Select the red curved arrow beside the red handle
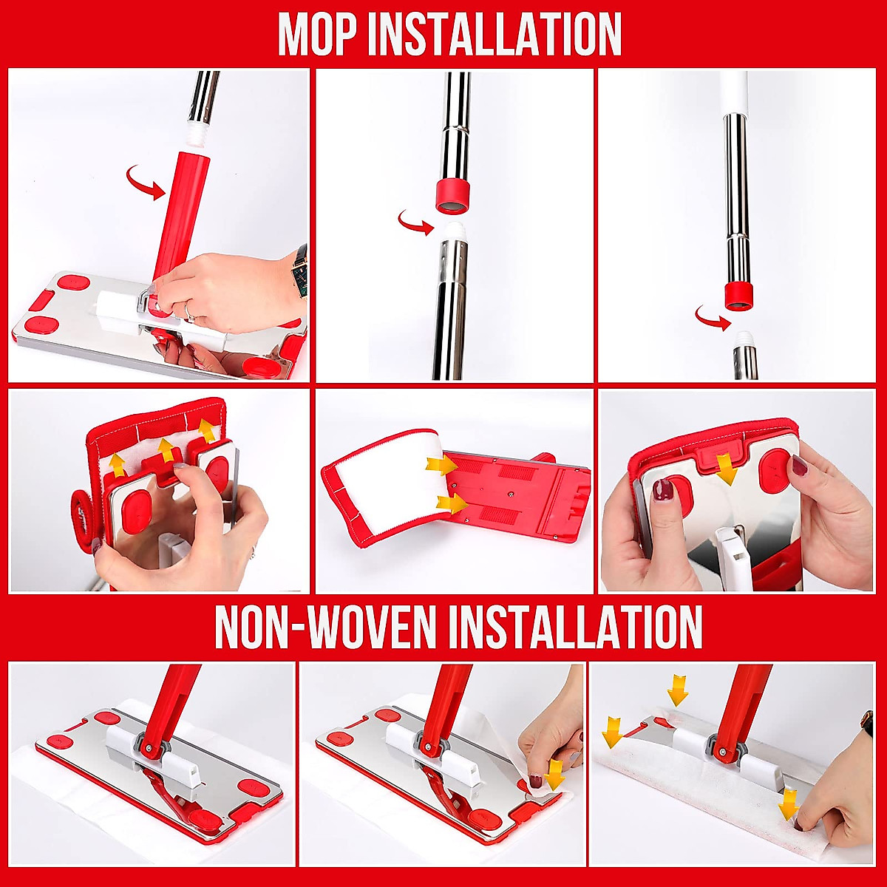145,182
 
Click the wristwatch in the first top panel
299,271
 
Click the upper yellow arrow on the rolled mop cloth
441,465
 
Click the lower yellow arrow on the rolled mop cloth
452,503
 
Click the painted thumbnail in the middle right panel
663,490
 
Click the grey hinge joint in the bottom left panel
147,747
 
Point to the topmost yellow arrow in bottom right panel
677,690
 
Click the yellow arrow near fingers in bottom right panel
789,803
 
